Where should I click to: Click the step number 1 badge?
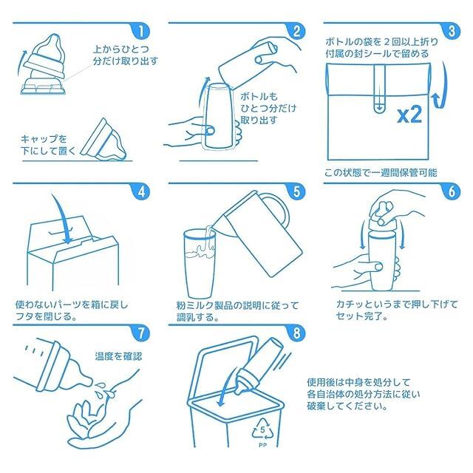pos(141,31)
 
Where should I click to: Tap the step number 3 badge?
pos(452,31)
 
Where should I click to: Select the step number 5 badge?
pos(296,192)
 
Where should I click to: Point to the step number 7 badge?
pos(141,333)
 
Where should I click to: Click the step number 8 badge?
pos(296,333)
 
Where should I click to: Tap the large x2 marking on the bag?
pos(409,115)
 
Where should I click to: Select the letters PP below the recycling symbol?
pos(263,445)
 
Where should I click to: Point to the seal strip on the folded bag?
pos(379,89)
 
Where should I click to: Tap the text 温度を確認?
pos(118,356)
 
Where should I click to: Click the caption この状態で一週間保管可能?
pos(381,173)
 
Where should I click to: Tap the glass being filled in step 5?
pos(200,263)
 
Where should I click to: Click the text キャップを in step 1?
pos(44,139)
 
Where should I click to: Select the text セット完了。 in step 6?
pos(362,316)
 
